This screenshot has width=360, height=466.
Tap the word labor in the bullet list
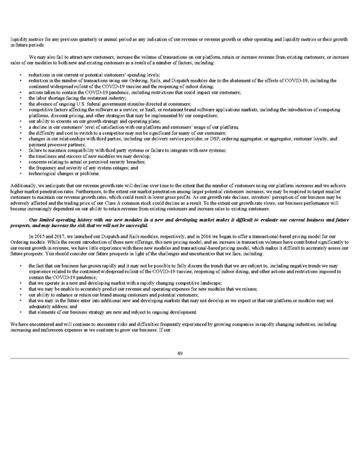(41, 96)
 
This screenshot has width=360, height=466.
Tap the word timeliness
(47, 156)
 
